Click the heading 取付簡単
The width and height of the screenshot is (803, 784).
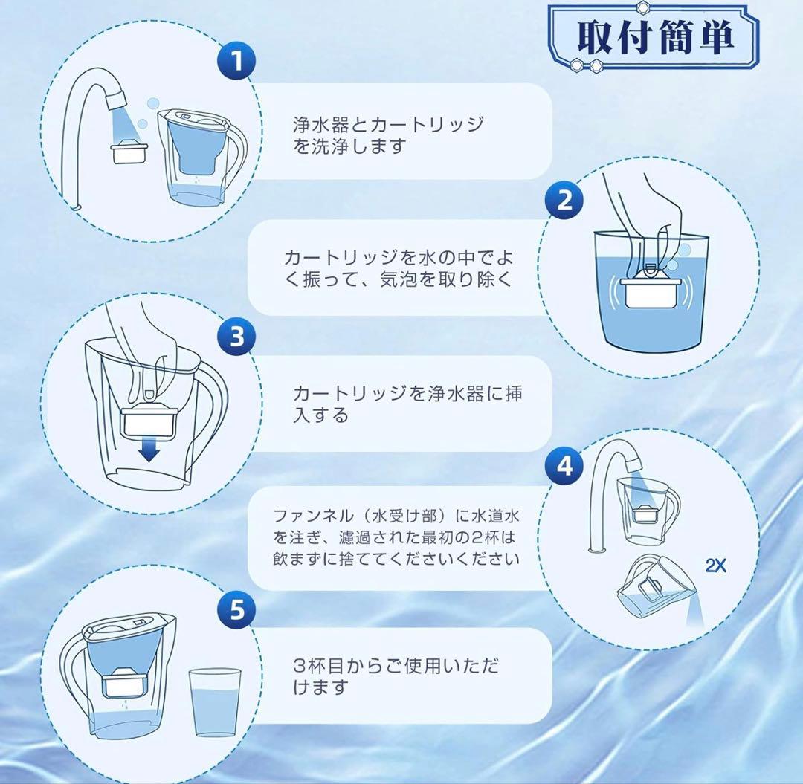tap(656, 37)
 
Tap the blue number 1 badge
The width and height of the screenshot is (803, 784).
tap(236, 61)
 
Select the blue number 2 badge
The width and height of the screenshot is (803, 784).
tap(564, 200)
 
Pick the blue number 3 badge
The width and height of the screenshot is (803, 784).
tap(236, 337)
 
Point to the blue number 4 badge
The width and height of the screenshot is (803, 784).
tap(564, 466)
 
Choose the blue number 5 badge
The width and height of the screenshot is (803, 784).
tap(236, 609)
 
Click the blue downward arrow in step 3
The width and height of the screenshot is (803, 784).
tap(149, 451)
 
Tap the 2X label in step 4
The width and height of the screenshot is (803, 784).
tap(715, 566)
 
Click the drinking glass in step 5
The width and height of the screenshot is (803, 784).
tap(215, 702)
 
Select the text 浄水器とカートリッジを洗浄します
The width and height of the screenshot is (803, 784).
tap(388, 135)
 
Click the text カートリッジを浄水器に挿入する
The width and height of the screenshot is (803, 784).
tap(407, 404)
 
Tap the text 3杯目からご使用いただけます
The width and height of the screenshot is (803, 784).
tap(396, 676)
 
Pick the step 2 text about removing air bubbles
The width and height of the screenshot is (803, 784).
tap(399, 268)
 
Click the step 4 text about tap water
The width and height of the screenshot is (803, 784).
tap(396, 537)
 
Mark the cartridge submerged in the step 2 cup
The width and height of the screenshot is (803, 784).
tap(651, 288)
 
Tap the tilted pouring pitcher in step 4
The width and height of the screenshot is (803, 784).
tap(656, 589)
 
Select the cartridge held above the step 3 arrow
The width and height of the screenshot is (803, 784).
tap(149, 421)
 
